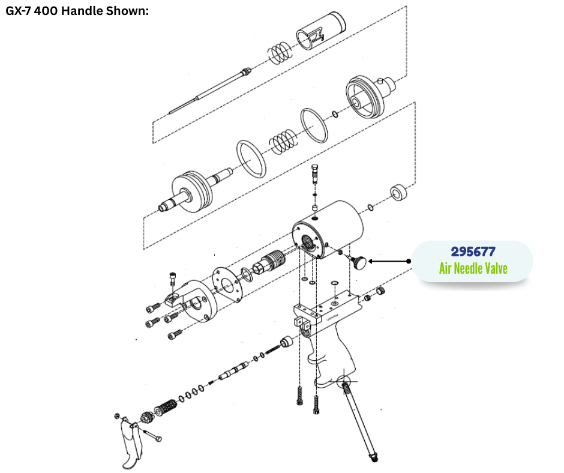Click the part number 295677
coord(473,252)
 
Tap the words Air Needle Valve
coord(473,268)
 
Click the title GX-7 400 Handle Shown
coord(77,11)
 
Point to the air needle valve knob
coord(359,262)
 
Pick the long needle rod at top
coord(210,91)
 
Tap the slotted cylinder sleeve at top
coord(321,31)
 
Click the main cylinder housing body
coord(328,230)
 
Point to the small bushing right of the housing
coord(399,193)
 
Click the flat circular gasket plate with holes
coord(227,285)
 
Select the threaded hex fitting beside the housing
coord(269,263)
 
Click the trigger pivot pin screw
coord(152,435)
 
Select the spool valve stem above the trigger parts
coord(233,371)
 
